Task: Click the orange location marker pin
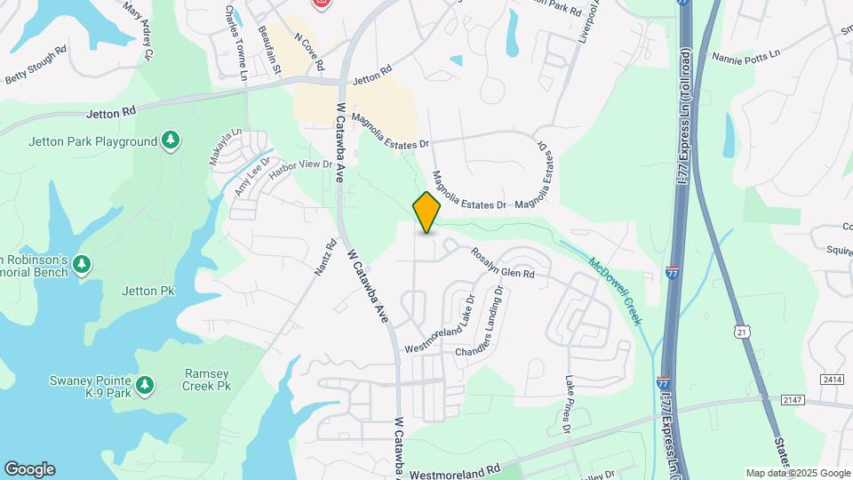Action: [x=427, y=212]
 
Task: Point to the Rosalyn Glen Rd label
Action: [x=503, y=263]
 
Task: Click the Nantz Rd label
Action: [x=325, y=258]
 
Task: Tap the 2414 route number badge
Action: [x=832, y=380]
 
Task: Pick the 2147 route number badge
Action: [x=793, y=401]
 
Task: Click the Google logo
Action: [x=29, y=469]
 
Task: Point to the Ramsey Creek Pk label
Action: [x=207, y=381]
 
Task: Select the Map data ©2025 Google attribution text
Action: [x=797, y=473]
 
